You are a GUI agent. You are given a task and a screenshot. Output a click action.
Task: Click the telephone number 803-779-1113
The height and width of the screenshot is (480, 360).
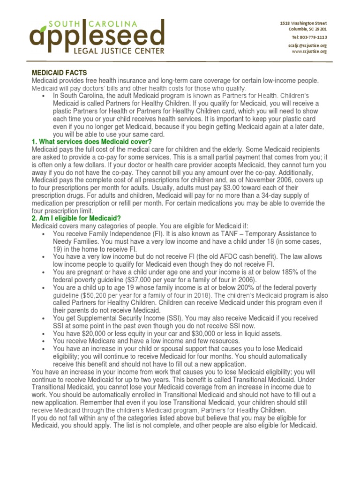tap(309, 37)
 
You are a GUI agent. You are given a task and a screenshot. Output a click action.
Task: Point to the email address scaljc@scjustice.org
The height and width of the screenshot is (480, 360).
tap(307, 45)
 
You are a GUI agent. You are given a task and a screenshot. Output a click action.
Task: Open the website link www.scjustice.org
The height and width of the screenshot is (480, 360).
tap(309, 52)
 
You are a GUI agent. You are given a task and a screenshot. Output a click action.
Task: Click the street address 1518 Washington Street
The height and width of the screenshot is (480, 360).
tap(303, 23)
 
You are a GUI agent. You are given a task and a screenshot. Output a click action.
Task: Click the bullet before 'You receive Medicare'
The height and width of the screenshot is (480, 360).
tap(43, 341)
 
